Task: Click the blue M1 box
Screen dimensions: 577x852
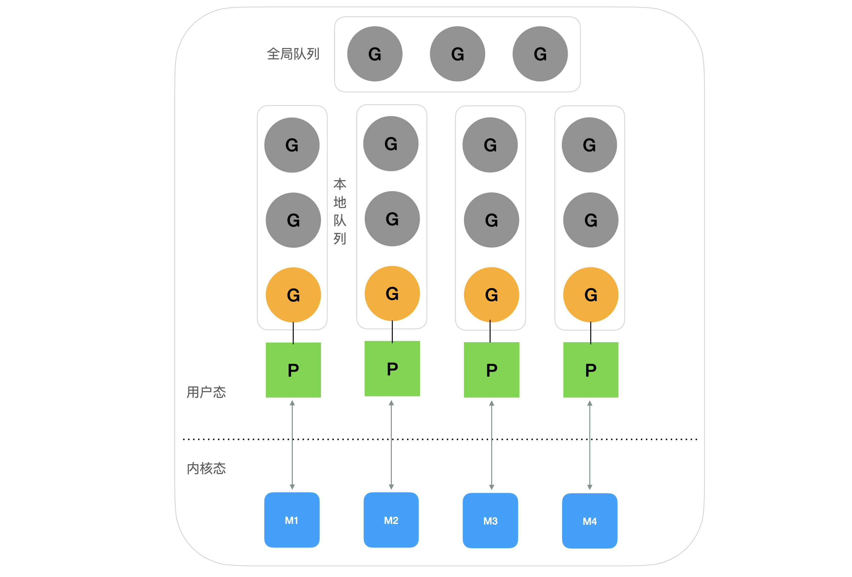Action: point(292,519)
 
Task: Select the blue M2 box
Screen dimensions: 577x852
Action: point(391,519)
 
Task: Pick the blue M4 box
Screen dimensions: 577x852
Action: point(590,521)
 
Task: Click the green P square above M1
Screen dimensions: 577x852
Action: point(293,370)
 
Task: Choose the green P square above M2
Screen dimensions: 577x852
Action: point(392,368)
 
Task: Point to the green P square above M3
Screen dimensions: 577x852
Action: point(492,370)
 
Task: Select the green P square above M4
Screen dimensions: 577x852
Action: point(591,370)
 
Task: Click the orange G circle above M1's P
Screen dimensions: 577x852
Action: point(293,295)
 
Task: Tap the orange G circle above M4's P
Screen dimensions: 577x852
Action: point(591,295)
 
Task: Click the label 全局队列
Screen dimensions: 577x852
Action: point(293,54)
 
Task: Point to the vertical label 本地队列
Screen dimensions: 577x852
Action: point(340,211)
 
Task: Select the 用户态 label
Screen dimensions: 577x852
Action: point(206,392)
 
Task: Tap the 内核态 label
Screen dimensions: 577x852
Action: point(206,468)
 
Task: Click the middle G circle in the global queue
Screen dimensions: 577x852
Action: point(458,54)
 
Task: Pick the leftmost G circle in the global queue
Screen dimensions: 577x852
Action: point(375,54)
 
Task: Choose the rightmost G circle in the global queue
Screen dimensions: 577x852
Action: point(540,54)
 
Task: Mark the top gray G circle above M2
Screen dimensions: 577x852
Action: point(391,143)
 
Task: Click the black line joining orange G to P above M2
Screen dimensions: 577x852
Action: point(392,331)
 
